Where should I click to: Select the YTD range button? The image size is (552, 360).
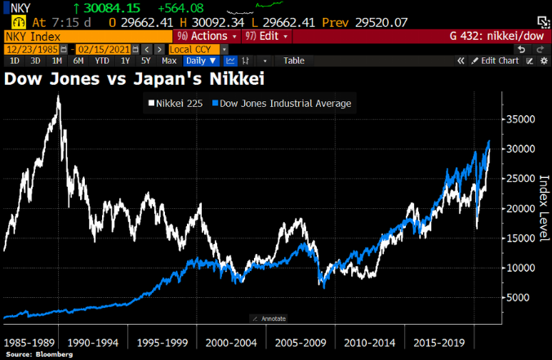pos(102,60)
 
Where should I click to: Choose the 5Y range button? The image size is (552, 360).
pos(145,60)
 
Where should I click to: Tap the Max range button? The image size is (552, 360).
pos(169,60)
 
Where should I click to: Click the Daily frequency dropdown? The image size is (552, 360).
pos(200,60)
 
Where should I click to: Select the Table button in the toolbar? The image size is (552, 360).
pos(294,60)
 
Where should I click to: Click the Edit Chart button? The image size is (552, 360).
pos(496,60)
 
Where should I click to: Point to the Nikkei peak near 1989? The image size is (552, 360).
pos(58,96)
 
